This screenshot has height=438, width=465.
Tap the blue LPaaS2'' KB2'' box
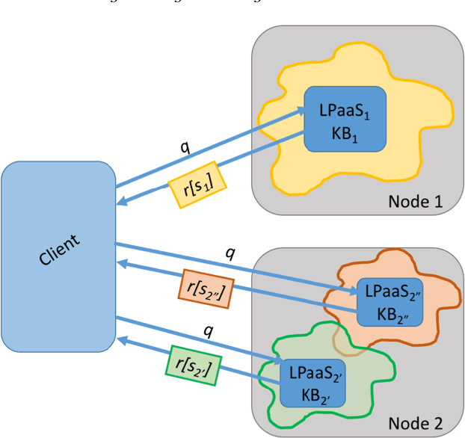coord(388,301)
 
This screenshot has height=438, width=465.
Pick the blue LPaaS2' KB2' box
coord(312,383)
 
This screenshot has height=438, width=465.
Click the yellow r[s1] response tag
coord(200,178)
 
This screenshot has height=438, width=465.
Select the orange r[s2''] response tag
coord(206,289)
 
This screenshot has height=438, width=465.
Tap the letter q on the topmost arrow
coord(184,144)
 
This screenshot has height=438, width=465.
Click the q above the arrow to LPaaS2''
coord(230,252)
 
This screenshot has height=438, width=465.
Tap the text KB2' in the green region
coord(312,394)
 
